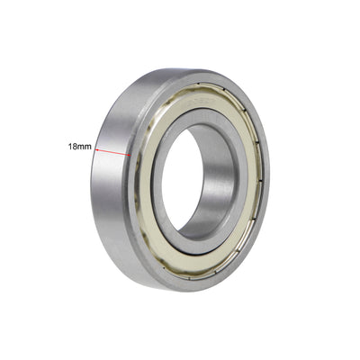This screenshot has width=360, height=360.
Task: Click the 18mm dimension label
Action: coord(78,145)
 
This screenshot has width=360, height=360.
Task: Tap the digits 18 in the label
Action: coord(72,145)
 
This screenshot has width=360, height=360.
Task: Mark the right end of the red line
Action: coord(131,154)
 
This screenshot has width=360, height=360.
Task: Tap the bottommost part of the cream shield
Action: coord(193,272)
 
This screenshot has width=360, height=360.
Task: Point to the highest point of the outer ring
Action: coord(193,69)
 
